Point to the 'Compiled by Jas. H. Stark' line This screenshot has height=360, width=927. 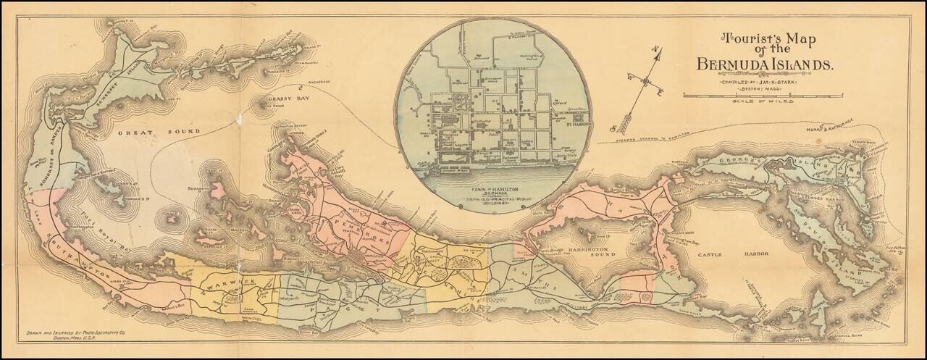[x=763, y=82]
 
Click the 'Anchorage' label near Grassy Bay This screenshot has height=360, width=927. [x=315, y=81]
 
